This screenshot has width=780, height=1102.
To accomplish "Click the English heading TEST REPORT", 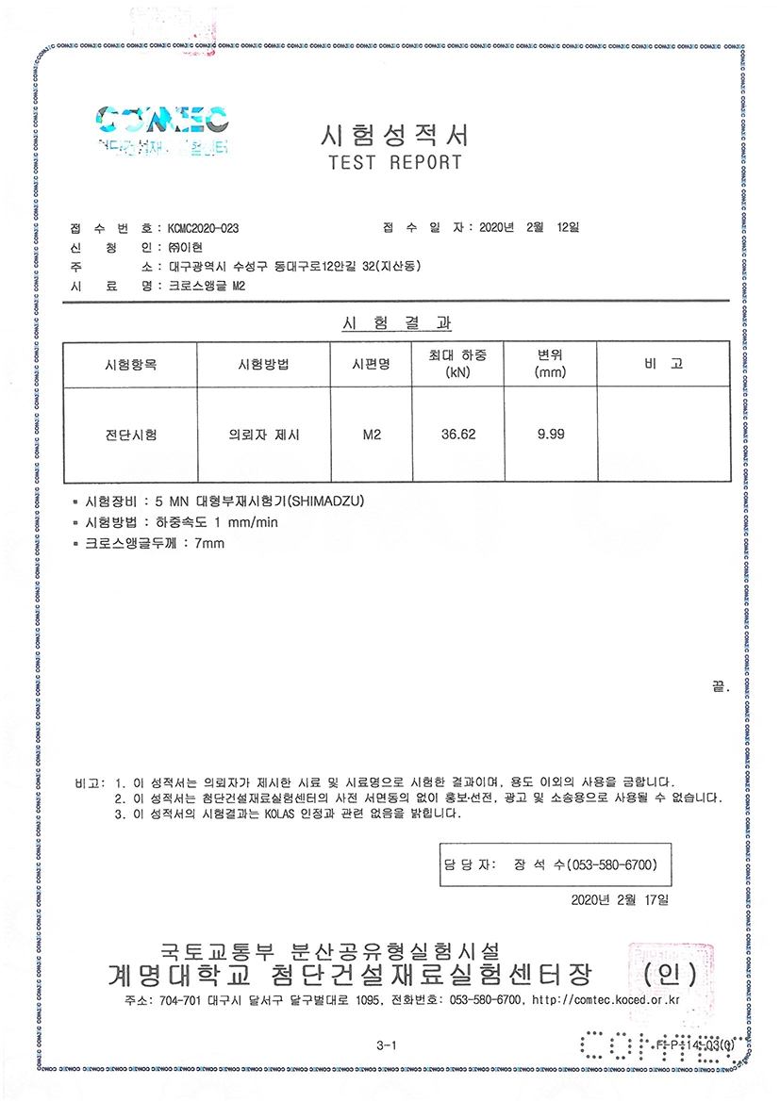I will [x=395, y=162].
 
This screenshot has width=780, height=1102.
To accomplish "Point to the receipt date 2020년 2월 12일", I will [x=529, y=228].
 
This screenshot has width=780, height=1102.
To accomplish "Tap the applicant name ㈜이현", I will [x=188, y=248].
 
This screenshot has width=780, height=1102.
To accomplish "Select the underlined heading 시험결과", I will [x=395, y=323].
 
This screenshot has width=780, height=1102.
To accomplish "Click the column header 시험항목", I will [x=131, y=364].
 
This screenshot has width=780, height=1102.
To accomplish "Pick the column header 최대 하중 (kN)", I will [x=457, y=364].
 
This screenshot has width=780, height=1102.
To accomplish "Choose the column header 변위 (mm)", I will [x=550, y=364].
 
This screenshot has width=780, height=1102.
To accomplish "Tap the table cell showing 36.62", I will [x=458, y=435].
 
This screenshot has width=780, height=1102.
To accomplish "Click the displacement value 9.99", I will [x=551, y=435].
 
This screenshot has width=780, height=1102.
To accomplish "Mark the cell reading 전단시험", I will [x=131, y=435].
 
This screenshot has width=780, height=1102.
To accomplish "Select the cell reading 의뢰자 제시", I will [x=263, y=435].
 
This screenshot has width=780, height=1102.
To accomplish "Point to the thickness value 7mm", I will [x=208, y=543].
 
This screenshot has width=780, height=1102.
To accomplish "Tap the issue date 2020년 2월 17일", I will [x=620, y=900].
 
